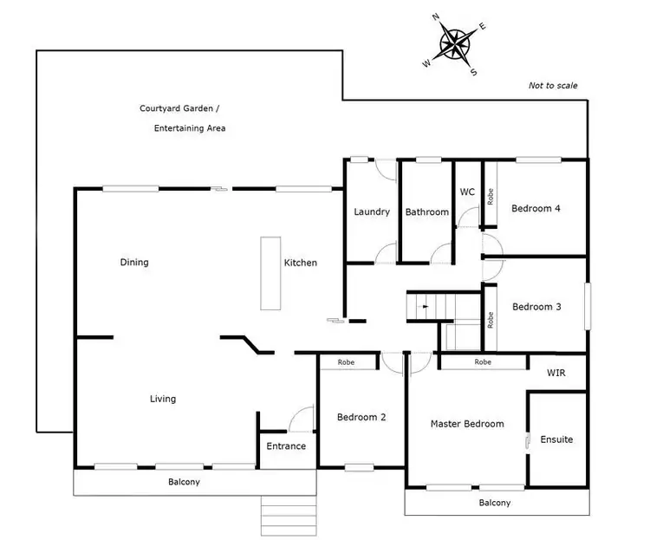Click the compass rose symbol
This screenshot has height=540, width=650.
coord(455,44)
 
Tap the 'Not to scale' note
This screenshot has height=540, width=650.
coord(552,86)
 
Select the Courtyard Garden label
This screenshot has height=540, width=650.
coord(179,109)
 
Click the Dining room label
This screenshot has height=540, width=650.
coord(134,263)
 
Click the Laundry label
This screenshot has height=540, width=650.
coord(372,211)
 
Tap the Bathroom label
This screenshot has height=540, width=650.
coord(427,212)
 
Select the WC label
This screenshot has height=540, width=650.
coord(467,192)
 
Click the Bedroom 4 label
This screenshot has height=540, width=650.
coord(536,208)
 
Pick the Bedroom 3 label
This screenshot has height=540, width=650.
coord(537,307)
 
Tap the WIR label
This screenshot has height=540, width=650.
coord(556,373)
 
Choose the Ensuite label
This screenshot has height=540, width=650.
coord(556,439)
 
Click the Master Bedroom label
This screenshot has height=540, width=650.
coord(467,424)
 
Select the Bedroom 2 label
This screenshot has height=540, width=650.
coord(361,417)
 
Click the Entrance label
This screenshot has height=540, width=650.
coord(286,446)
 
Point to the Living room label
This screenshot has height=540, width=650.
coord(163,399)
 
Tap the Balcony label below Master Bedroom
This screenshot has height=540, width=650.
coord(495,503)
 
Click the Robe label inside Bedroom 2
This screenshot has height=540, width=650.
coord(347,362)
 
